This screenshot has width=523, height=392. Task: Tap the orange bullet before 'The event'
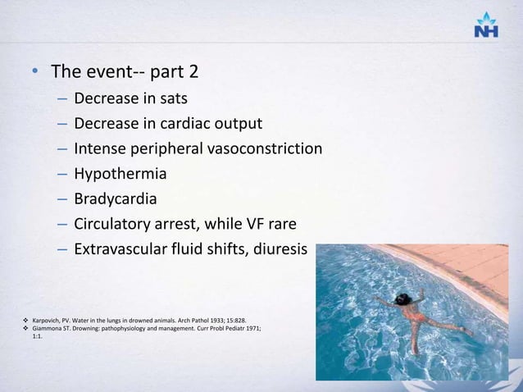coord(36,74)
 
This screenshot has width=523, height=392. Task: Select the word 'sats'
coord(174,99)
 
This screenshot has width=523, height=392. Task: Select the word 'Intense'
coord(100,148)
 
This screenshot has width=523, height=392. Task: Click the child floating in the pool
coord(410,316)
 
